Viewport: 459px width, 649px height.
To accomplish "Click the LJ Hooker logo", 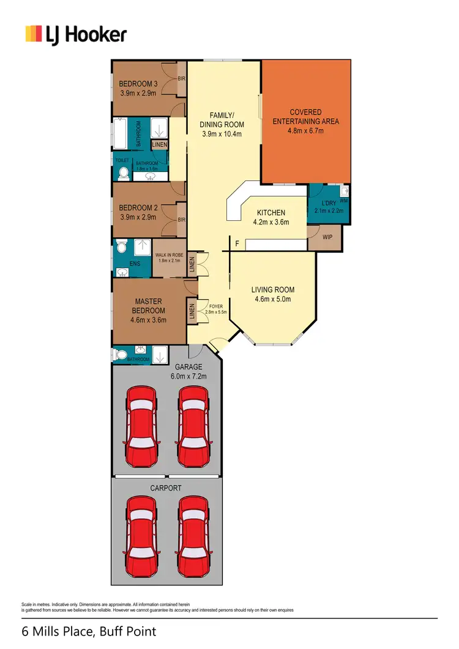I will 75,34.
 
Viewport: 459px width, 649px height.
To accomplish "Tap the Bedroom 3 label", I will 138,84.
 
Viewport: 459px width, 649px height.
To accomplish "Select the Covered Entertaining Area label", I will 306,117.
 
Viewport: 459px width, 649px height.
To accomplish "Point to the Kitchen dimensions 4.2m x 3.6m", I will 271,223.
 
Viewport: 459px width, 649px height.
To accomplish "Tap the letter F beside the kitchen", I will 237,244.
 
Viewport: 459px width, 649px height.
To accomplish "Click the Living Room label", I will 273,289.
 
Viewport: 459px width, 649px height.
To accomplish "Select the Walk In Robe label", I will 169,255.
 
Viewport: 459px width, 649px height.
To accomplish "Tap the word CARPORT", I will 165,488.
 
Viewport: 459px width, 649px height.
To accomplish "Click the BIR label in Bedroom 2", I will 181,220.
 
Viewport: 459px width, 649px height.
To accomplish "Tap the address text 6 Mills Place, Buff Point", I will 89,631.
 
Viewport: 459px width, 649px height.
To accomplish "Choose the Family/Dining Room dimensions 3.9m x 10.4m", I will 222,134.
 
